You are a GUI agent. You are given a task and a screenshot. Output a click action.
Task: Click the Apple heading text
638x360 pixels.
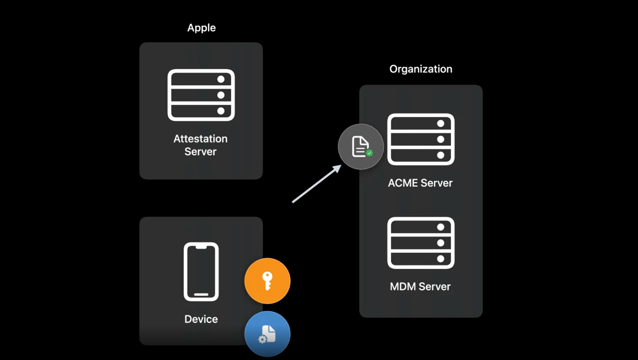click(201, 28)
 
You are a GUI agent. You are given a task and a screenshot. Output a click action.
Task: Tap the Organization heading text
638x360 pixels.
click(421, 69)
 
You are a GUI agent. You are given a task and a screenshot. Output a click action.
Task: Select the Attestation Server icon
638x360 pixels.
click(201, 95)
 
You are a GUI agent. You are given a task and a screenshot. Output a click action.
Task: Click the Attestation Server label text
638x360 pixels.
click(200, 145)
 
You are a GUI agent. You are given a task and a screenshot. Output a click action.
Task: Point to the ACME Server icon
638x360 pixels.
click(421, 139)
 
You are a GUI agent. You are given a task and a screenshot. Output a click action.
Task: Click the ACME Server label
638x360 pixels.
click(420, 183)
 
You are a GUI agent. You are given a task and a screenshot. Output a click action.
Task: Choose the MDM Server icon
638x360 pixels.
click(421, 243)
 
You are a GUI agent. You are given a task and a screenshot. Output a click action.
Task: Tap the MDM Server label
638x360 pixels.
click(420, 286)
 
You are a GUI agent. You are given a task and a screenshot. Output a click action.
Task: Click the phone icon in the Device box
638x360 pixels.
click(201, 271)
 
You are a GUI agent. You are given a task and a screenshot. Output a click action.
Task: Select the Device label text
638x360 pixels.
click(201, 319)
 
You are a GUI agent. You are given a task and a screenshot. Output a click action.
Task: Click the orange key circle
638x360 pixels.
click(267, 281)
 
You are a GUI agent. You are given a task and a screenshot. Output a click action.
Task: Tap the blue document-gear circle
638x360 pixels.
click(267, 334)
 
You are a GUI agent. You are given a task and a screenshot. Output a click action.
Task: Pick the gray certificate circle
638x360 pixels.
click(361, 147)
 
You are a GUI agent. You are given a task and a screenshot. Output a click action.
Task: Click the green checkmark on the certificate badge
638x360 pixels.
click(369, 153)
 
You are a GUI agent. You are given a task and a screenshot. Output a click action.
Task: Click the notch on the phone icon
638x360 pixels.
click(201, 247)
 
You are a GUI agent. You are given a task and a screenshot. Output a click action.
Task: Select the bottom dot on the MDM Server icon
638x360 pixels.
click(440, 259)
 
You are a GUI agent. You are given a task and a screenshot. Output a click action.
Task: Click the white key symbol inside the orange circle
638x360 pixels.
click(267, 281)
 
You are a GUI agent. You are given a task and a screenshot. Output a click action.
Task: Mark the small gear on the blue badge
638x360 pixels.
click(263, 339)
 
